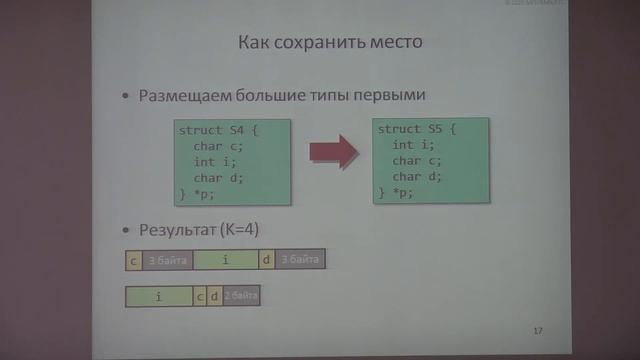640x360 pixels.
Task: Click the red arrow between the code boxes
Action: [x=332, y=152]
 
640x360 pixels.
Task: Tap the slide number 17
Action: [x=538, y=330]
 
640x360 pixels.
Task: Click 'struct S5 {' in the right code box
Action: [x=417, y=130]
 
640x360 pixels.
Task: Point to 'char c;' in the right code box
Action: [x=417, y=160]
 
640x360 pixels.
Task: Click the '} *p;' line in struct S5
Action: [x=397, y=191]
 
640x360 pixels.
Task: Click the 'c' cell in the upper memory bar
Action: [x=133, y=260]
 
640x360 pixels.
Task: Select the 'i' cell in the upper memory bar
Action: [x=225, y=260]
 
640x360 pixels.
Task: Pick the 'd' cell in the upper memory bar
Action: [x=265, y=260]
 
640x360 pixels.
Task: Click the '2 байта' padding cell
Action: [x=241, y=297]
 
